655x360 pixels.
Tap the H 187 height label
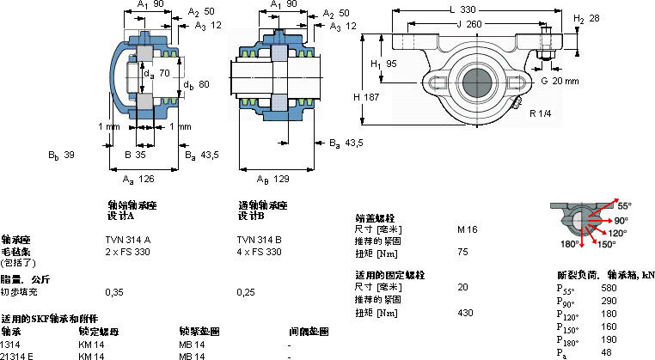[366, 97]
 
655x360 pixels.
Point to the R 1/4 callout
[540, 113]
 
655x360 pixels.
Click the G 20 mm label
[560, 81]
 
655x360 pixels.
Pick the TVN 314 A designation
[127, 239]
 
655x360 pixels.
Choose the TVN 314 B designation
[259, 239]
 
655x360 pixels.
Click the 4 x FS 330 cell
[259, 252]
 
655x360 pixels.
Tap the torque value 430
[465, 313]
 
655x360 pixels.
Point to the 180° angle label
[570, 245]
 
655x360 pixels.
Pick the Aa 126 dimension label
[138, 179]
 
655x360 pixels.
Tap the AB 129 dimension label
[272, 179]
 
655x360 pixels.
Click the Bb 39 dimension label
[62, 156]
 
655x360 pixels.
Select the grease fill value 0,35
[113, 291]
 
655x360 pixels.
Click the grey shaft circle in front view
[476, 82]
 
